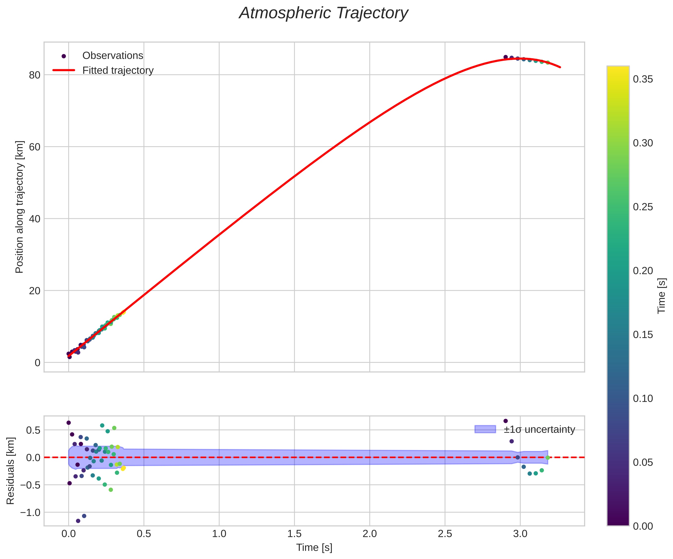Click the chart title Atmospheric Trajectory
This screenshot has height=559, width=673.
[x=323, y=13]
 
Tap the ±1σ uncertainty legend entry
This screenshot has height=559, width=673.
[x=539, y=429]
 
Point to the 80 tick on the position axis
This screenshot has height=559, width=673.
[x=35, y=75]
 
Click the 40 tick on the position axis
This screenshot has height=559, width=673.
[x=35, y=219]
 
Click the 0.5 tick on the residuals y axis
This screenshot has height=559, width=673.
[x=33, y=430]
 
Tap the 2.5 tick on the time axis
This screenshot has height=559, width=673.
[x=445, y=534]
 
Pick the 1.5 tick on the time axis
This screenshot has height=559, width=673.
[x=294, y=534]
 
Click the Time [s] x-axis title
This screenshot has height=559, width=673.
[x=314, y=548]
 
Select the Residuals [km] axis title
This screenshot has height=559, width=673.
[x=11, y=470]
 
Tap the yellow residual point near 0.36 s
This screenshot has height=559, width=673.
[x=123, y=468]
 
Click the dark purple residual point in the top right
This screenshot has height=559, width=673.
[x=506, y=421]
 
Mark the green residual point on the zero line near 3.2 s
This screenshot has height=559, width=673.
[x=548, y=458]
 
